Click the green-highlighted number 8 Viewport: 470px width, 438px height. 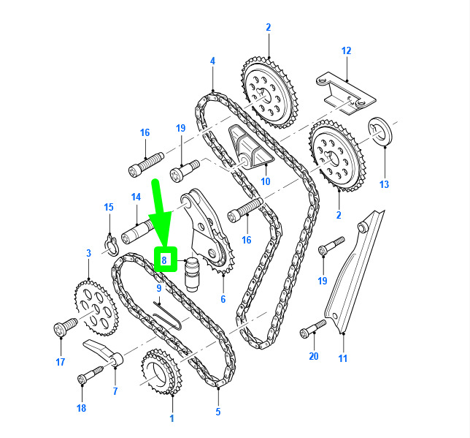tap(164, 260)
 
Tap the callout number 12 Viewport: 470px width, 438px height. tap(346, 50)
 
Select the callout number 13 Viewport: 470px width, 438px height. tap(384, 184)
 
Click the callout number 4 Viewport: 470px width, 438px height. tap(212, 61)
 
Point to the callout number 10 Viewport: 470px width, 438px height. tap(265, 181)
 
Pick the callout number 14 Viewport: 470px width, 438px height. tap(136, 197)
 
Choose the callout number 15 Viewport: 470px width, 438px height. tap(109, 207)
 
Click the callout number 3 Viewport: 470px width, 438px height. tap(88, 253)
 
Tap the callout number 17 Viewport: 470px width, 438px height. tap(61, 362)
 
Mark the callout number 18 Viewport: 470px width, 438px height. tap(81, 408)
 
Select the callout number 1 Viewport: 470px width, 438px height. tap(172, 418)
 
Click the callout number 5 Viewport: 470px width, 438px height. tap(218, 412)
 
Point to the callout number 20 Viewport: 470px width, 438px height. tap(314, 356)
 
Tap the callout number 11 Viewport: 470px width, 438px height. tap(342, 358)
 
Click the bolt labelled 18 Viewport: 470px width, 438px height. tap(90, 374)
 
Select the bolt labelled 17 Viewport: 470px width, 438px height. tap(66, 327)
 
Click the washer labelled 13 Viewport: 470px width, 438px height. tap(380, 132)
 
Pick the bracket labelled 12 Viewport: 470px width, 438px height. tap(346, 93)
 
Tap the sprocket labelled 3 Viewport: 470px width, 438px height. tap(96, 307)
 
